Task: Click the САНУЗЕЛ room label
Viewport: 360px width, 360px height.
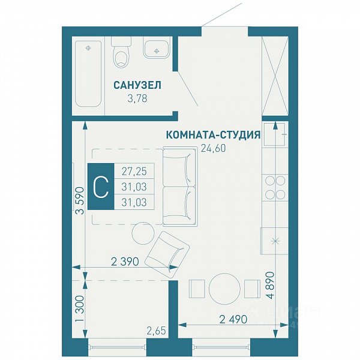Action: click(x=137, y=85)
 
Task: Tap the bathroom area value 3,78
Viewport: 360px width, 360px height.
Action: click(x=137, y=99)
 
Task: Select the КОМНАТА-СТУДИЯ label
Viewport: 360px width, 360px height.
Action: click(x=213, y=135)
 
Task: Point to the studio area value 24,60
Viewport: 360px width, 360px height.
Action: click(x=213, y=148)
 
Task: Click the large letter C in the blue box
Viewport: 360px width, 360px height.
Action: click(x=101, y=187)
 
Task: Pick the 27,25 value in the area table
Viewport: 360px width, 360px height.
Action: click(x=134, y=171)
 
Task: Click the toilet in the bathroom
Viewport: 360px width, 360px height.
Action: click(x=121, y=52)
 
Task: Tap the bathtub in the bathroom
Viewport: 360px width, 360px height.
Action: click(x=88, y=74)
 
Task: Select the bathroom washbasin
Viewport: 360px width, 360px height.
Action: click(x=157, y=47)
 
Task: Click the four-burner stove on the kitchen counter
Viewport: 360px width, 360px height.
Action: click(x=275, y=187)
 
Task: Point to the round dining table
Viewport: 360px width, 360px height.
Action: click(x=224, y=289)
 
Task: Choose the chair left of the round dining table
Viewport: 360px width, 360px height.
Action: click(x=197, y=289)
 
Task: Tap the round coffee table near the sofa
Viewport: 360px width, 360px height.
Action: click(x=143, y=233)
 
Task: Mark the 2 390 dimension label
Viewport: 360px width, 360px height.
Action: click(x=125, y=262)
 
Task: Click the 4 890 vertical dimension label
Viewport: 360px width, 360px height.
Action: click(x=271, y=285)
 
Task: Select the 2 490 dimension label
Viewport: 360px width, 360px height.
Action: click(x=233, y=319)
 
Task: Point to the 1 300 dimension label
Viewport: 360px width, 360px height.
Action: click(x=80, y=309)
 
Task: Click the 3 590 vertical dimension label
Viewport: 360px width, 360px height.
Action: click(x=80, y=201)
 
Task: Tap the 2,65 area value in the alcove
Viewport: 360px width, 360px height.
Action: click(x=156, y=331)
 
